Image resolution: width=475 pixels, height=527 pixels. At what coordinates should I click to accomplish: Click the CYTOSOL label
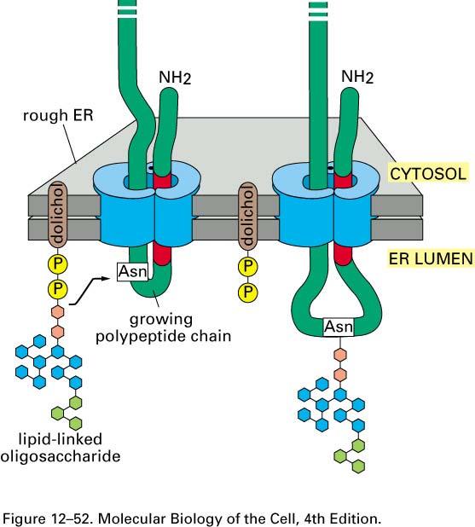(x=428, y=174)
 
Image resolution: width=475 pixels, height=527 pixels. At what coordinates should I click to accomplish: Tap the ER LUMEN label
(x=431, y=258)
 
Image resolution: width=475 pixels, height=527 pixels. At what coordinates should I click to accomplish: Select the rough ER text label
(x=58, y=116)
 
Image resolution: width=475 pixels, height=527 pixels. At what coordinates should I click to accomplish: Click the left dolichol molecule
(x=58, y=215)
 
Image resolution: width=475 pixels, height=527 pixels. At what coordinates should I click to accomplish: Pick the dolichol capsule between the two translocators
(x=247, y=216)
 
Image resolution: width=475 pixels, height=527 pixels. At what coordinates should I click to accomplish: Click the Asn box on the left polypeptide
(x=133, y=271)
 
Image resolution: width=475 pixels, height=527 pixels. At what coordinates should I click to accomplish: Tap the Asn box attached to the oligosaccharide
(x=339, y=327)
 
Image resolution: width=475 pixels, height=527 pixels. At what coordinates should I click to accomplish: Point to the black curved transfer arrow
(x=90, y=291)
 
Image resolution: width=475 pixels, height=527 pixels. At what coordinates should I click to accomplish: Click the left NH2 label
(x=175, y=78)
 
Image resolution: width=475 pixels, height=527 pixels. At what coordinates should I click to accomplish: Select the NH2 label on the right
(x=357, y=77)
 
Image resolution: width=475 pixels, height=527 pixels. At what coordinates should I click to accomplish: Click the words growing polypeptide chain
(x=164, y=328)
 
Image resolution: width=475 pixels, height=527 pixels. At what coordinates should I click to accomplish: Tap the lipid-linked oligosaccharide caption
(x=61, y=448)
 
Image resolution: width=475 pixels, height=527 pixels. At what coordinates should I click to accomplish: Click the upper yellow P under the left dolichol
(x=58, y=264)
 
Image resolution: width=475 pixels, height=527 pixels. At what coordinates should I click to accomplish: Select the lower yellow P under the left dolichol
(x=58, y=289)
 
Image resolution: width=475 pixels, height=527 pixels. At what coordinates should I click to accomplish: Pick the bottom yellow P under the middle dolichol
(x=247, y=291)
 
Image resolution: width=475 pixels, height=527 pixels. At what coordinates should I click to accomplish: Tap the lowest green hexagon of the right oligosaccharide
(x=358, y=466)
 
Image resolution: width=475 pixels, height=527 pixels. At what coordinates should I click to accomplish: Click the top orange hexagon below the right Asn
(x=340, y=354)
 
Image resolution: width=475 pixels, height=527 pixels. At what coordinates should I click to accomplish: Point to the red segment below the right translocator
(x=343, y=254)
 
